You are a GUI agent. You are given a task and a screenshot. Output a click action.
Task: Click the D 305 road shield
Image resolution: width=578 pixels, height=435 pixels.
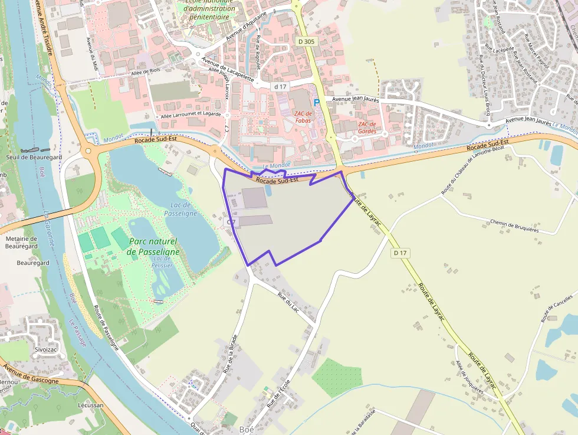pyautogui.click(x=307, y=41)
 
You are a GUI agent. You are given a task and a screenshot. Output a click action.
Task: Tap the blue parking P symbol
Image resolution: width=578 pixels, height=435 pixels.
pyautogui.click(x=316, y=102)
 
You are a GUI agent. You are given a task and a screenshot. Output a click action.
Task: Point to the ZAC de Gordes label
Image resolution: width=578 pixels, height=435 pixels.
pyautogui.click(x=366, y=127)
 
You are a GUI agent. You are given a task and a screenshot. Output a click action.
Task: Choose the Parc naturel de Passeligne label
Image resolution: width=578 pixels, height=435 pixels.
pyautogui.click(x=152, y=246)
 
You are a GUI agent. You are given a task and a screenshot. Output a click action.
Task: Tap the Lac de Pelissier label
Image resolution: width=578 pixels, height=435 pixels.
pyautogui.click(x=162, y=262)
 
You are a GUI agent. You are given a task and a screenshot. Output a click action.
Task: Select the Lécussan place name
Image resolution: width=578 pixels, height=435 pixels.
pyautogui.click(x=90, y=405)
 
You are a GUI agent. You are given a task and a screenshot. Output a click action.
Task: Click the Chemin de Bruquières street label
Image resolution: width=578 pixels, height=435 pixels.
pyautogui.click(x=514, y=225)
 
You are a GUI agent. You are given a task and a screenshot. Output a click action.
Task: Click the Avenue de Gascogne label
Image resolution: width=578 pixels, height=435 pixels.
pyautogui.click(x=31, y=374)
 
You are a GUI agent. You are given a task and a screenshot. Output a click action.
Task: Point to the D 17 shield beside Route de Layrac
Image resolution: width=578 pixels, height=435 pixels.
pyautogui.click(x=400, y=253)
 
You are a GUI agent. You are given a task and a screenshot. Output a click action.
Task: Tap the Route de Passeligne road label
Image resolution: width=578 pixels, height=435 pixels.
pyautogui.click(x=106, y=328)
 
